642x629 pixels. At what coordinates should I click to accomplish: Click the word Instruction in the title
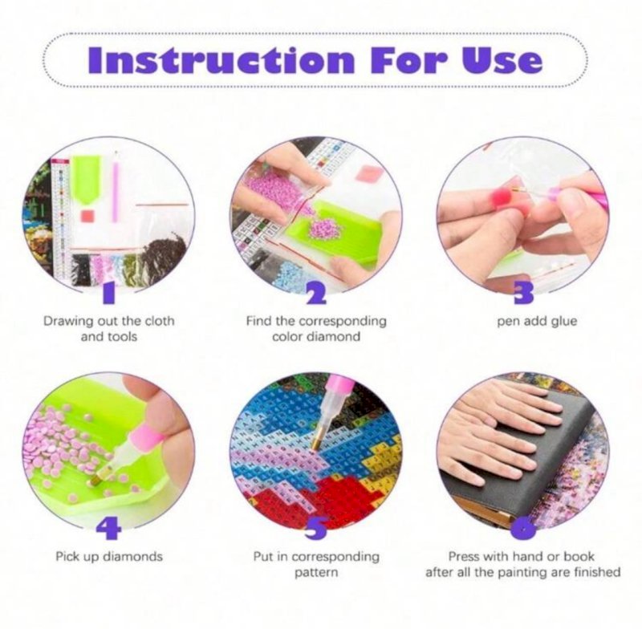pyautogui.click(x=221, y=60)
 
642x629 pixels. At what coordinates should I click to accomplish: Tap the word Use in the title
pyautogui.click(x=502, y=60)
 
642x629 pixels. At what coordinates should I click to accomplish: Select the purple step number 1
pyautogui.click(x=108, y=294)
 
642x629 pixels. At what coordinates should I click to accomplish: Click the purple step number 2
pyautogui.click(x=316, y=294)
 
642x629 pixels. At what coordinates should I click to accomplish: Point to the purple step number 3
pyautogui.click(x=524, y=294)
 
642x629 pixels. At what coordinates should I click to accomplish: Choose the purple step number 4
pyautogui.click(x=108, y=529)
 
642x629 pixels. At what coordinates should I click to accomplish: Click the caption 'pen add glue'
pyautogui.click(x=537, y=321)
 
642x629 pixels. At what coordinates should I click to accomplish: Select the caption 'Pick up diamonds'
pyautogui.click(x=109, y=557)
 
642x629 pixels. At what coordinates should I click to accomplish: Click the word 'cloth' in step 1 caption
pyautogui.click(x=156, y=321)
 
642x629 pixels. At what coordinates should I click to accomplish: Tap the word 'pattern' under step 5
pyautogui.click(x=316, y=572)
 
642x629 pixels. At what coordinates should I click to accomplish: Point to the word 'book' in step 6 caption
pyautogui.click(x=579, y=556)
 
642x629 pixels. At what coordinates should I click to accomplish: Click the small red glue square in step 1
pyautogui.click(x=87, y=215)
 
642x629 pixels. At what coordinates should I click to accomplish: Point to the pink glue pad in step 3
pyautogui.click(x=503, y=197)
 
